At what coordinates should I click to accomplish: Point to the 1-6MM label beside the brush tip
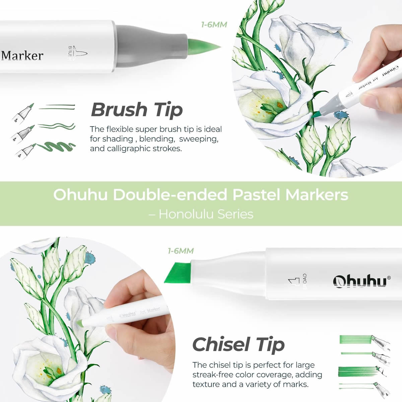[214, 25]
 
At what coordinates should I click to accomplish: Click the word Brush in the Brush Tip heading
[119, 110]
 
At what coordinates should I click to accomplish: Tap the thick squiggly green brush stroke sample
[56, 147]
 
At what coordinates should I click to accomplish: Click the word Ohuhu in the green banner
[80, 195]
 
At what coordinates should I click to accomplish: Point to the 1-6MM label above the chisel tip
[181, 251]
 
